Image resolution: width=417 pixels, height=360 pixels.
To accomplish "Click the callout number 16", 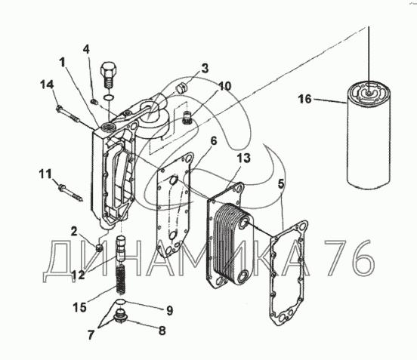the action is [304, 99].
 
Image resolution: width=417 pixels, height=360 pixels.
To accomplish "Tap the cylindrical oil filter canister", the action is [369, 136].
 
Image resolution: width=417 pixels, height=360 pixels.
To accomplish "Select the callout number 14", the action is [47, 85].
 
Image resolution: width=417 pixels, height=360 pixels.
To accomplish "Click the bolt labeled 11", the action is [71, 193].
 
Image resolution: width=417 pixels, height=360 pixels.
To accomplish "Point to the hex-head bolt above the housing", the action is [109, 75].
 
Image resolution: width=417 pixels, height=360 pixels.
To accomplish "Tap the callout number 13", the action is [244, 158].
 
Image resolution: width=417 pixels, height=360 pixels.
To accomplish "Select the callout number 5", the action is [281, 183].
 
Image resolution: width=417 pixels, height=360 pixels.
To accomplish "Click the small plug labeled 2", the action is [99, 248].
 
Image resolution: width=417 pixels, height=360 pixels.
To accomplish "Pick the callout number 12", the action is [78, 275].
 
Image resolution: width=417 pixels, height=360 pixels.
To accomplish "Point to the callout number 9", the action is [170, 311].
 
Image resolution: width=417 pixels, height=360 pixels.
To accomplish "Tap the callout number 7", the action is [91, 335].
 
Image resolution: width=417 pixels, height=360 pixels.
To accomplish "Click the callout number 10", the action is [225, 86].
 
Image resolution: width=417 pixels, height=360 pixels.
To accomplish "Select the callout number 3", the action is [205, 68].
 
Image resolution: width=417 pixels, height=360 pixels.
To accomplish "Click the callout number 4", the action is [86, 49].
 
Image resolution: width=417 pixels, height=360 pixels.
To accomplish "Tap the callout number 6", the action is [214, 141].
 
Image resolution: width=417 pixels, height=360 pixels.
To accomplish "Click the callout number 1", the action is [63, 63].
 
